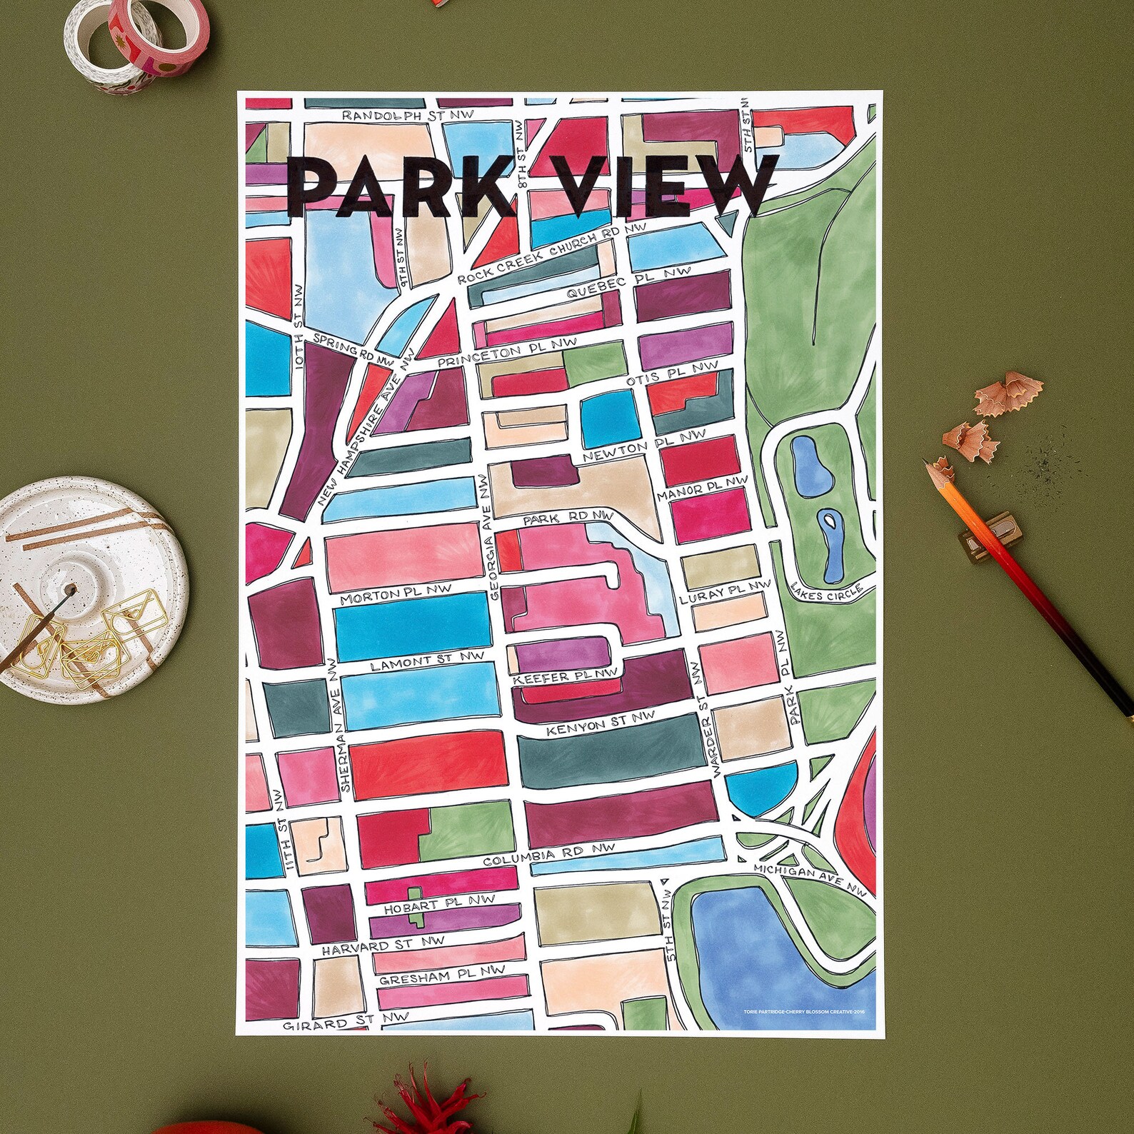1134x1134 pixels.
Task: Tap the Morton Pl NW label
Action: pos(396,595)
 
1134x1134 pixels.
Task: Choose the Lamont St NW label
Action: pos(426,661)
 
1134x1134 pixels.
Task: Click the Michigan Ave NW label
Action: pos(810,879)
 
